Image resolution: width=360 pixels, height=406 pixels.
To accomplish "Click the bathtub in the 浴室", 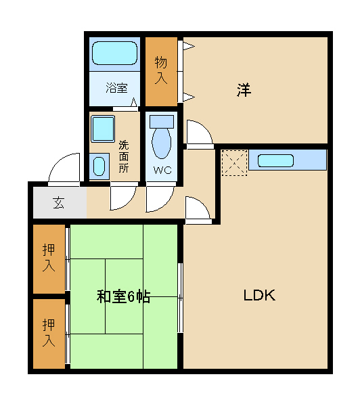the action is click(x=115, y=53).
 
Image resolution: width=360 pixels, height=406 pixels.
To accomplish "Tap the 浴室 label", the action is click(x=116, y=88).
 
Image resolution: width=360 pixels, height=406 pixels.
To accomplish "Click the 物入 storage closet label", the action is click(x=161, y=70).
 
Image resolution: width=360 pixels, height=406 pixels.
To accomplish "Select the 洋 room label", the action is click(x=244, y=90).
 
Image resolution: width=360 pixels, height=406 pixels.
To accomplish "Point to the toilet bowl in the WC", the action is click(x=162, y=142).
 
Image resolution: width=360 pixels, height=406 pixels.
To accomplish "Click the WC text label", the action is click(x=162, y=170).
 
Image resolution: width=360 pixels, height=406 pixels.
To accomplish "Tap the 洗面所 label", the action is click(x=124, y=157).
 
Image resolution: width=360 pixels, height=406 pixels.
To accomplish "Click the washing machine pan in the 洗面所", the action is click(x=103, y=129).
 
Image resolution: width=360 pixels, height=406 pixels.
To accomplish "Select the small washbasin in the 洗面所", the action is click(x=99, y=166).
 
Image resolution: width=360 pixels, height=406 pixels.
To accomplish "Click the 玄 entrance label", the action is click(x=58, y=202).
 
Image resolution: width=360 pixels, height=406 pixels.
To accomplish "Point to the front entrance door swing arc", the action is click(x=62, y=162).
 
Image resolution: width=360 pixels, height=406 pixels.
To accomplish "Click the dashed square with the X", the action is click(x=234, y=163).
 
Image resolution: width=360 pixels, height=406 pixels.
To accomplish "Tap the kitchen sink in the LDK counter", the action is click(x=275, y=160).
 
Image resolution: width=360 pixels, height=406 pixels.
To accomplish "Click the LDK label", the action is click(x=259, y=296).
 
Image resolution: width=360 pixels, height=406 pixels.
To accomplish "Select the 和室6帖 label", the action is click(x=124, y=296).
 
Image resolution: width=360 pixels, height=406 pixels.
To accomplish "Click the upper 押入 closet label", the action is click(x=49, y=258).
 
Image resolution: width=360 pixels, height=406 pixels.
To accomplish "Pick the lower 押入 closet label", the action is click(x=49, y=333).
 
